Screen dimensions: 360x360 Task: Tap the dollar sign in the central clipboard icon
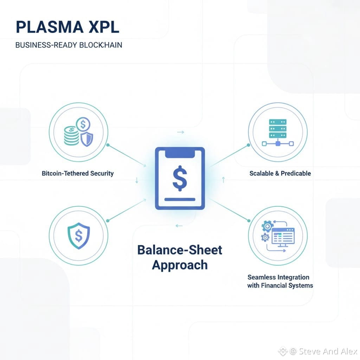[x=180, y=179]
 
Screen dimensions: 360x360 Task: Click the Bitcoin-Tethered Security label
[x=78, y=173]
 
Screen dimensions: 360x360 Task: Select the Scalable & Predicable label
[x=280, y=173]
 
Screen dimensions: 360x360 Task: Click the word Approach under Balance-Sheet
[x=180, y=265]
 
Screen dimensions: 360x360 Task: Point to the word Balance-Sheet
[x=180, y=250]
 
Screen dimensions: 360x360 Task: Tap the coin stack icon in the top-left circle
[x=72, y=136]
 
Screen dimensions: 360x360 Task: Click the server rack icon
[x=277, y=129]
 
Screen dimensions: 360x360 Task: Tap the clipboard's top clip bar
[x=180, y=153]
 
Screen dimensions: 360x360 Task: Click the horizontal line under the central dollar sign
[x=180, y=199]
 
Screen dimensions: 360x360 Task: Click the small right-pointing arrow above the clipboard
[x=181, y=132]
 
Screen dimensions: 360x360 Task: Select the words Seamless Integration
[x=278, y=277]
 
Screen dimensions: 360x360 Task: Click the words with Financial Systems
[x=280, y=285]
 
